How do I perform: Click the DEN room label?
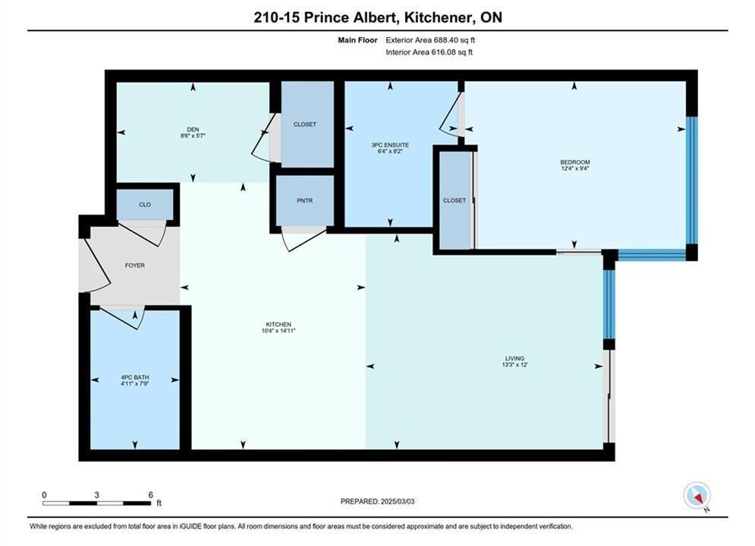coord(193,130)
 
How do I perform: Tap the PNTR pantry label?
coord(305,201)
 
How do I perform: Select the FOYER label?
coord(135,265)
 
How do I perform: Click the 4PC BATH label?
coord(135,377)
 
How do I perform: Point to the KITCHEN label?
coord(278,325)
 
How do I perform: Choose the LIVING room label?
coord(514,359)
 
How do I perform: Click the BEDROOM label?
coord(575,162)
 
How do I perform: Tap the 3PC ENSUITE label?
coord(390,145)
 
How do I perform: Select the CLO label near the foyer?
coord(145,205)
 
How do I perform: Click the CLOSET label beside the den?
coord(305,124)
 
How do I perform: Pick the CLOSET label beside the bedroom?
coord(455,200)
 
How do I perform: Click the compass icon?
coord(697,495)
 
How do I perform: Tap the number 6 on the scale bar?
coord(151,494)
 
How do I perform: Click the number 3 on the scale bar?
coord(97,494)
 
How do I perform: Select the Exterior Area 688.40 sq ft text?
coord(430,40)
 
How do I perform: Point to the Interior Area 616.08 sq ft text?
coord(429,52)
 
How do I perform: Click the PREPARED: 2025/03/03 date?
coord(378,501)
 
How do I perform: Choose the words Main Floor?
coord(357,40)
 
